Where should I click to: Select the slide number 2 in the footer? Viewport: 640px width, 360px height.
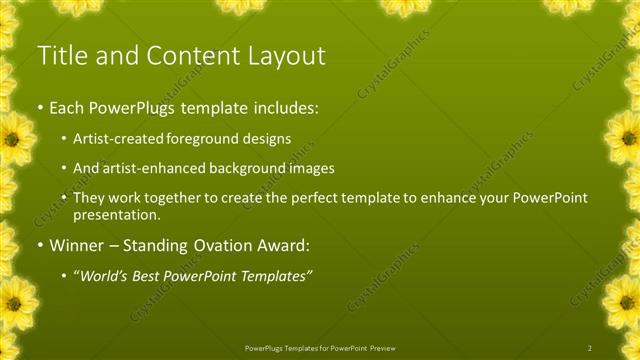(x=590, y=347)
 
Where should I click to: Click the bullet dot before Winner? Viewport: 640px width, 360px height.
(x=39, y=246)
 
